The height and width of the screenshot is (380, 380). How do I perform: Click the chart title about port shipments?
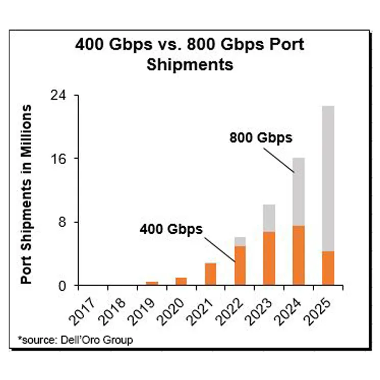pyautogui.click(x=190, y=54)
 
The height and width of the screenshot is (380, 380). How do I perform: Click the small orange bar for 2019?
pyautogui.click(x=151, y=283)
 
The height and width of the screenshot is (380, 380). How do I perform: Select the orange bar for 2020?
pyautogui.click(x=181, y=281)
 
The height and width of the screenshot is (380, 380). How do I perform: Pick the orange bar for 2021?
pyautogui.click(x=210, y=274)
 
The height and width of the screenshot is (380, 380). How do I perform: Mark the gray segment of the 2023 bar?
pyautogui.click(x=269, y=218)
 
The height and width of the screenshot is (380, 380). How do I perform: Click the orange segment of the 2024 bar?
pyautogui.click(x=298, y=255)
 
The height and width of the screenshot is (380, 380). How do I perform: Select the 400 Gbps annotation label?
pyautogui.click(x=171, y=229)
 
